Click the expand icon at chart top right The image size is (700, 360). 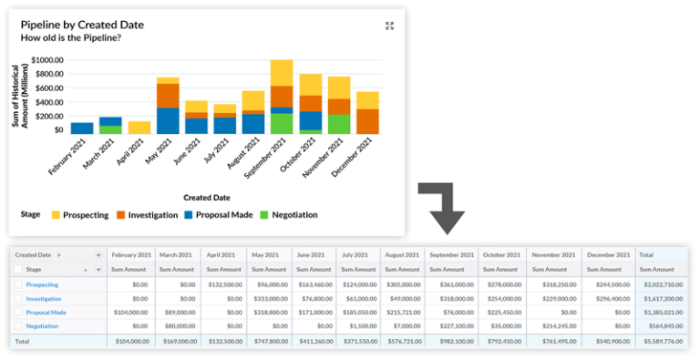pos(389,26)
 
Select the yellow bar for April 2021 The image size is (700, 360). pos(139,128)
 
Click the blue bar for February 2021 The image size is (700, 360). pos(82,129)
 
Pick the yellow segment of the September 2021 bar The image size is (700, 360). pos(282,73)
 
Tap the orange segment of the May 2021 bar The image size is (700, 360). pos(168,96)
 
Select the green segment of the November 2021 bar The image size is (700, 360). pos(339,124)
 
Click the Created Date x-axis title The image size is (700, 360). pos(207,197)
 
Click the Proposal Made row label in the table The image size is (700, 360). pos(46,312)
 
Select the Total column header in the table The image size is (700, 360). pos(648,255)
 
